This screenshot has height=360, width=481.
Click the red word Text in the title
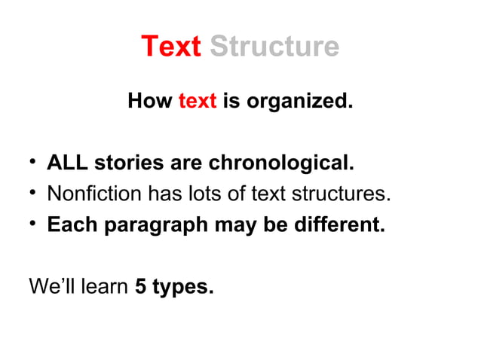click(170, 47)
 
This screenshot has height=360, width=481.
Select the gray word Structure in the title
click(274, 47)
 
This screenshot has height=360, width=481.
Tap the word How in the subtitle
click(150, 100)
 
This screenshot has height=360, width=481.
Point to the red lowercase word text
click(198, 100)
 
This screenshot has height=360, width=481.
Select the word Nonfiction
click(93, 194)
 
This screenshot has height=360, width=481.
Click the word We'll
click(50, 287)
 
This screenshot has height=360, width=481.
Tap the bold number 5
click(140, 287)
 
